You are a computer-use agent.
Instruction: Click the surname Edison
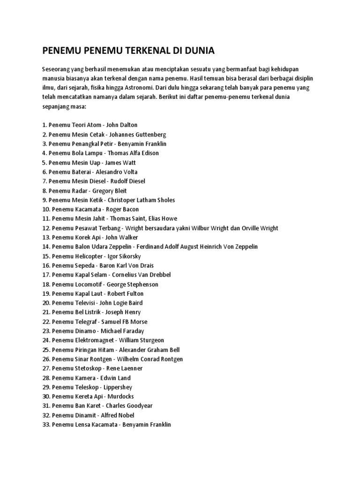[149, 153]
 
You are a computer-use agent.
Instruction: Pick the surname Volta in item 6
[128, 172]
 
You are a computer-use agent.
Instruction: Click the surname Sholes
[165, 200]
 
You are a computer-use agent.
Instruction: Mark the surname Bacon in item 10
[130, 209]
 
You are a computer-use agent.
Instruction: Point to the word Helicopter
[89, 256]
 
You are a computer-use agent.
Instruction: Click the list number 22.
[45, 322]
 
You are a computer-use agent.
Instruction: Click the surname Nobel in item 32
[124, 415]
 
